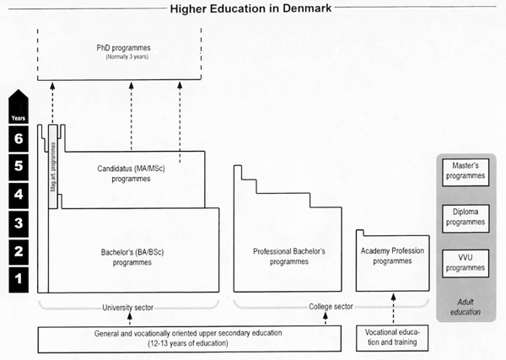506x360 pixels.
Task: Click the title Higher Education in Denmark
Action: tap(250, 8)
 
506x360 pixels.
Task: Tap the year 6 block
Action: tap(19, 139)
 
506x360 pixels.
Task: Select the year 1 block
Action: tap(19, 279)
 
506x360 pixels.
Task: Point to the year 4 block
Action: tap(19, 195)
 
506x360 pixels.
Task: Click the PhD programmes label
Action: tap(124, 48)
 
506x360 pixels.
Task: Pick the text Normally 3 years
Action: tap(127, 57)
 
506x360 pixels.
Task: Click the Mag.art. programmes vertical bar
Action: tap(53, 166)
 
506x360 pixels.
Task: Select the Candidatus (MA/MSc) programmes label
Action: tap(131, 174)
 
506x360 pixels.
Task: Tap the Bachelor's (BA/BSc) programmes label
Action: tap(132, 257)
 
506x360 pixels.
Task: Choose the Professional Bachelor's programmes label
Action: tap(289, 256)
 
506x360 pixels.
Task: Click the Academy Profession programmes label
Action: tap(392, 255)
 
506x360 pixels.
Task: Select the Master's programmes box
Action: tap(466, 172)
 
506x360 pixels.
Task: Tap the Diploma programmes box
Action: tap(466, 218)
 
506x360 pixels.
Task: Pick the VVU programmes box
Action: tap(466, 264)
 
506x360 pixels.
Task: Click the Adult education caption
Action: tap(466, 307)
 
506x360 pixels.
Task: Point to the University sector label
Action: tap(128, 308)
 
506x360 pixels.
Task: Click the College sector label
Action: tap(331, 306)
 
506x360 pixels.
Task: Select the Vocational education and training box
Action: tap(392, 338)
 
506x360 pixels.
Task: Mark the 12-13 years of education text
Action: tap(188, 343)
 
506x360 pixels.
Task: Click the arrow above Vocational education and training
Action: tap(393, 309)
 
